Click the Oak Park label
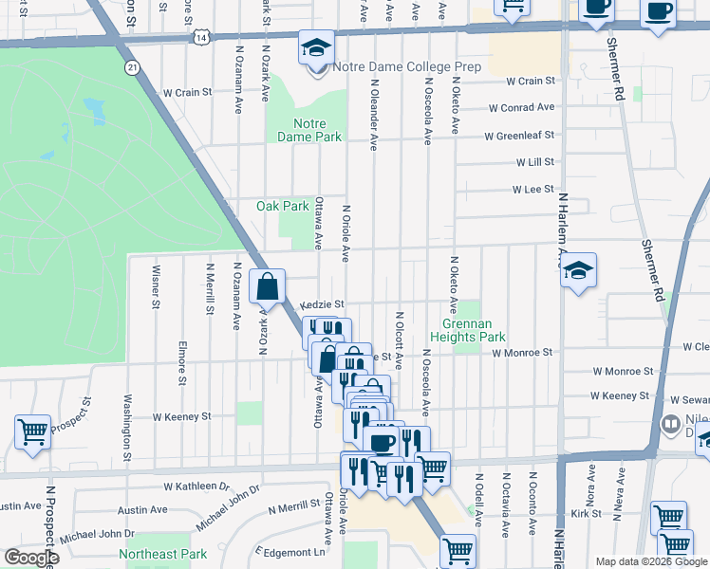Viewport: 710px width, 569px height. (283, 206)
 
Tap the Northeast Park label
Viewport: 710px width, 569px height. (162, 554)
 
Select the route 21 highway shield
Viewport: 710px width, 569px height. (132, 67)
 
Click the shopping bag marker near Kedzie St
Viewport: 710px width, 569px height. (268, 286)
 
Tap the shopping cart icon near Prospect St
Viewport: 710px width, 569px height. (32, 431)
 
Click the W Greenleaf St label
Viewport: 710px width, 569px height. (518, 137)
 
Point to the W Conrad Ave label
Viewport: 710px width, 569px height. (521, 107)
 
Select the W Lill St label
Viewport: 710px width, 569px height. (534, 163)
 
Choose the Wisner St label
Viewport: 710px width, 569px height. (155, 287)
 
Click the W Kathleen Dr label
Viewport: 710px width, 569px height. (196, 486)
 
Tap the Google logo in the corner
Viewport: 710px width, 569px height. (31, 558)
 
